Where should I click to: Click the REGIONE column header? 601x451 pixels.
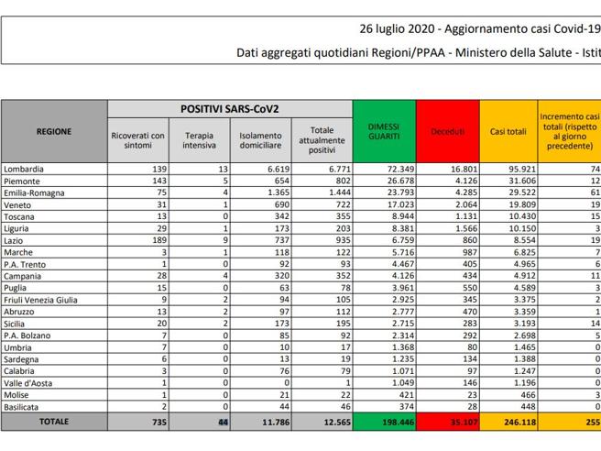[54, 132]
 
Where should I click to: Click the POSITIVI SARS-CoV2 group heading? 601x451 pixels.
[230, 109]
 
